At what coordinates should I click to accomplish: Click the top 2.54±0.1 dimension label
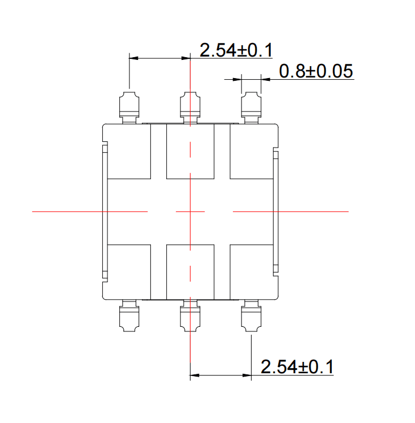click(x=236, y=50)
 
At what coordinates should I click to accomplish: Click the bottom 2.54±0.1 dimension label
click(x=297, y=366)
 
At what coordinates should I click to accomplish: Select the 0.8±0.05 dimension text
click(x=315, y=71)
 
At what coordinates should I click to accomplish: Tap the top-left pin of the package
click(x=129, y=107)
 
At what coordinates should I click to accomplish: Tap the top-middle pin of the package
click(x=190, y=107)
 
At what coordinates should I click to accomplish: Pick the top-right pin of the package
click(x=251, y=107)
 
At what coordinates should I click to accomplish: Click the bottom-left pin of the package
click(x=129, y=316)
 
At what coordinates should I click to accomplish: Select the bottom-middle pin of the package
click(x=190, y=316)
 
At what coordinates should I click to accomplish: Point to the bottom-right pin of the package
click(x=251, y=316)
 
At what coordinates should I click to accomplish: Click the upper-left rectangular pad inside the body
click(x=129, y=152)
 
